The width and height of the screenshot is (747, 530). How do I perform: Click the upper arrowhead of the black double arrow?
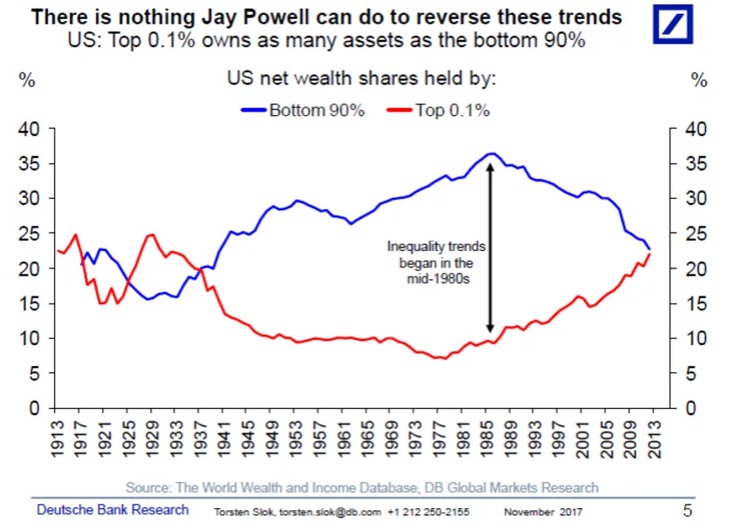click(491, 166)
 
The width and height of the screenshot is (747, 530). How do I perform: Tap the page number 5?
click(687, 510)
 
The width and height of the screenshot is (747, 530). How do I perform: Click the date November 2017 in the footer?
click(542, 512)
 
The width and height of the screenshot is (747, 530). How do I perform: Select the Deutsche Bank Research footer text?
click(113, 510)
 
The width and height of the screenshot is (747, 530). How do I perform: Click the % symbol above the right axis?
click(698, 80)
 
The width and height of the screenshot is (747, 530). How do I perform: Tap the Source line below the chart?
click(362, 487)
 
